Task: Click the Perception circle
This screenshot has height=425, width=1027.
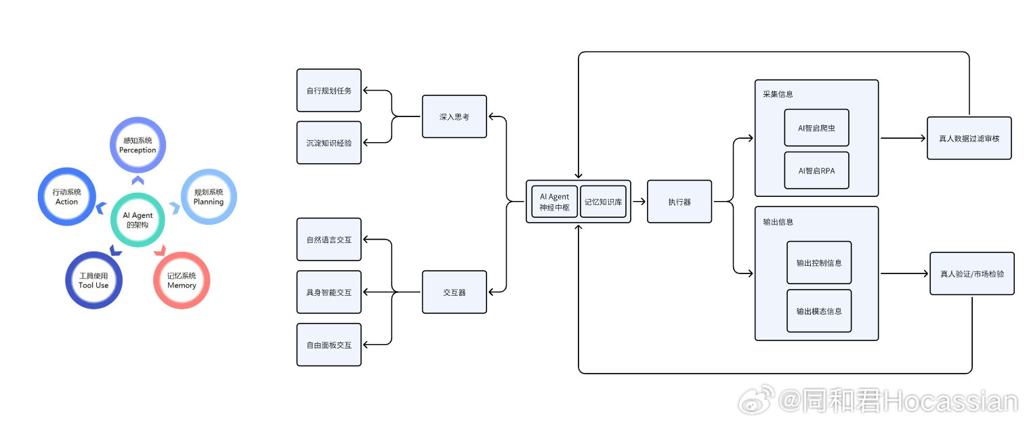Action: pyautogui.click(x=138, y=145)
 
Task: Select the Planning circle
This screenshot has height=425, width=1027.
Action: pyautogui.click(x=209, y=197)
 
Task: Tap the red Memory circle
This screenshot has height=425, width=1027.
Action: pyautogui.click(x=182, y=280)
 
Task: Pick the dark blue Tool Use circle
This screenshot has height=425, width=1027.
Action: pyautogui.click(x=93, y=280)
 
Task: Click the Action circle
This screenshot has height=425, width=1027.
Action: pyautogui.click(x=66, y=197)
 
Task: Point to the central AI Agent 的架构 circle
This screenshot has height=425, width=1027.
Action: pyautogui.click(x=138, y=219)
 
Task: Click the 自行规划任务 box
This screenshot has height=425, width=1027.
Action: pyautogui.click(x=329, y=90)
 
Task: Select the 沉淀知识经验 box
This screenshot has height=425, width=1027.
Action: pyautogui.click(x=329, y=143)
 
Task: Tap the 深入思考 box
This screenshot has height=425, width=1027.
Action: pyautogui.click(x=454, y=116)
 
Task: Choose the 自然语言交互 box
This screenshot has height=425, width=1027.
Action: pyautogui.click(x=329, y=240)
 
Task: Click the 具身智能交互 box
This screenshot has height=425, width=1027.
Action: pyautogui.click(x=329, y=292)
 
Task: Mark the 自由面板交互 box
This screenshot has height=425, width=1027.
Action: pyautogui.click(x=329, y=344)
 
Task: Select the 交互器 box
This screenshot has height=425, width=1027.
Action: pyautogui.click(x=454, y=292)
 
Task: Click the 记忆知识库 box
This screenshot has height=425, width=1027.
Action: pyautogui.click(x=603, y=202)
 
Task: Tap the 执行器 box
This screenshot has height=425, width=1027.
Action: pyautogui.click(x=679, y=202)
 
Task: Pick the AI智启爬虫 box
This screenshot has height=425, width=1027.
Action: pyautogui.click(x=816, y=127)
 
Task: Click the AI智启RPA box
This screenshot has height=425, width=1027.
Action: pyautogui.click(x=816, y=171)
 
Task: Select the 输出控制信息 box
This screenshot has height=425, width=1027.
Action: pyautogui.click(x=819, y=263)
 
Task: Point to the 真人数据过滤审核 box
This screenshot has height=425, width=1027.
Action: pyautogui.click(x=969, y=138)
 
